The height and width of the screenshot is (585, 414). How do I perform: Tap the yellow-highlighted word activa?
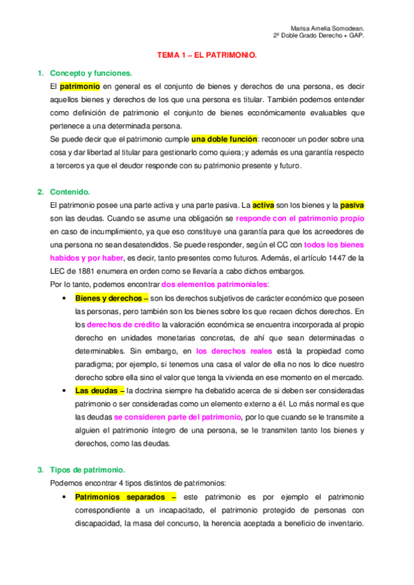tap(263, 205)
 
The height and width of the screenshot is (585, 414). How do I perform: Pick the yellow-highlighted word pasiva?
tap(352, 205)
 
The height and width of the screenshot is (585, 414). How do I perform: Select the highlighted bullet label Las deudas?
tap(96, 390)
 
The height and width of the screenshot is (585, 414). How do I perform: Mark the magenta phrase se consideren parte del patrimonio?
tap(178, 417)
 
